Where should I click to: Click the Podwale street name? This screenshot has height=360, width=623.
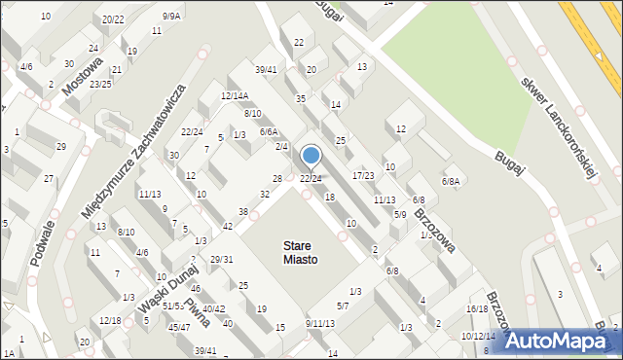coord(43,229)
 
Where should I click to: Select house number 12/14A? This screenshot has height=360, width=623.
coord(236,95)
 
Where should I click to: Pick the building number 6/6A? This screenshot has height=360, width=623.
coord(269,131)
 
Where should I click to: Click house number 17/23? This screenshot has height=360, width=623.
coord(363,175)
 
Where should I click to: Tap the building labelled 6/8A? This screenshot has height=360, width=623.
coord(451,181)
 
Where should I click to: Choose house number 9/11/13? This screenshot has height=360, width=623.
coord(320,323)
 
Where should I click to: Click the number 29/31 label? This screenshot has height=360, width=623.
coord(221,259)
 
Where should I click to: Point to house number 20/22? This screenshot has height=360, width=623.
coord(113,19)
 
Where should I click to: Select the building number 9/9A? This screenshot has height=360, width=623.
coord(171,16)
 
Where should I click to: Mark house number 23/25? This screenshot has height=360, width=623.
coord(100,84)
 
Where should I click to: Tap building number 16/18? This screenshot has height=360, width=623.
coord(477,308)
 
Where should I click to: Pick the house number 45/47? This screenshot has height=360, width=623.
coord(179,328)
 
